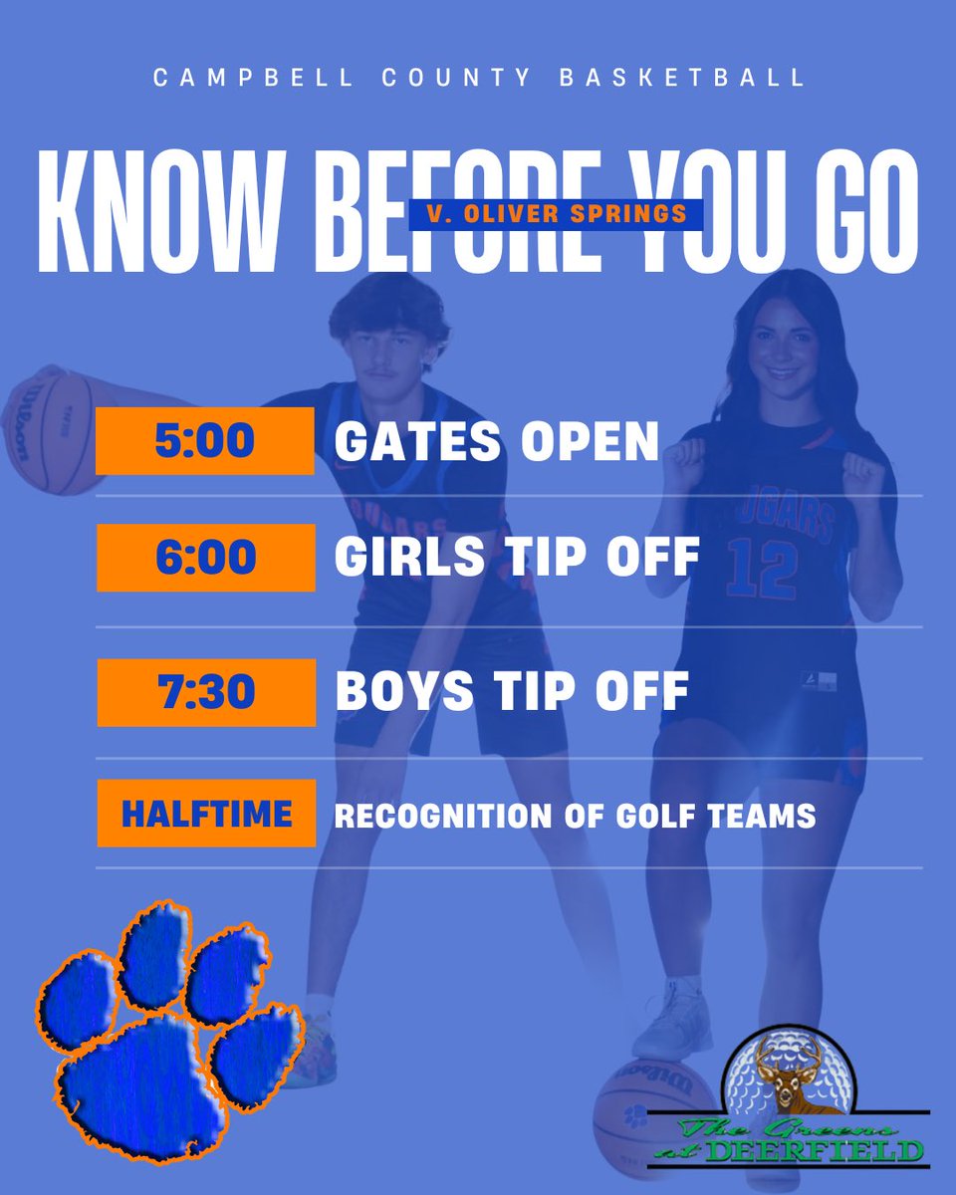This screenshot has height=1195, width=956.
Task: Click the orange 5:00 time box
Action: pyautogui.click(x=205, y=440)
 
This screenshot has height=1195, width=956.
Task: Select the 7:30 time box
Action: pyautogui.click(x=205, y=692)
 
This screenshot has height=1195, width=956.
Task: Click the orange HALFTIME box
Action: pyautogui.click(x=206, y=814)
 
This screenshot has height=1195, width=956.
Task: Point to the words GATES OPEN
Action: pyautogui.click(x=496, y=441)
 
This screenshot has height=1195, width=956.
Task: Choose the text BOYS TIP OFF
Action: pyautogui.click(x=512, y=692)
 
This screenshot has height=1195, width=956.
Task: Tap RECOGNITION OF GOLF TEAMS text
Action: pyautogui.click(x=575, y=817)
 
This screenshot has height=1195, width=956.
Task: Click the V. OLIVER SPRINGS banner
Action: pyautogui.click(x=556, y=213)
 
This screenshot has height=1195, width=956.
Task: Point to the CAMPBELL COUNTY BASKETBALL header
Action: pyautogui.click(x=479, y=79)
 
